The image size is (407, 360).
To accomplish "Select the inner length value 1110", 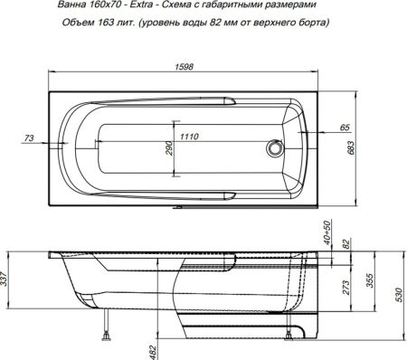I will [188, 136].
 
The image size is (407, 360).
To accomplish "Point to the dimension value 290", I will [167, 148].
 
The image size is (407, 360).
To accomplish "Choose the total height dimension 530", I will [398, 295].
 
